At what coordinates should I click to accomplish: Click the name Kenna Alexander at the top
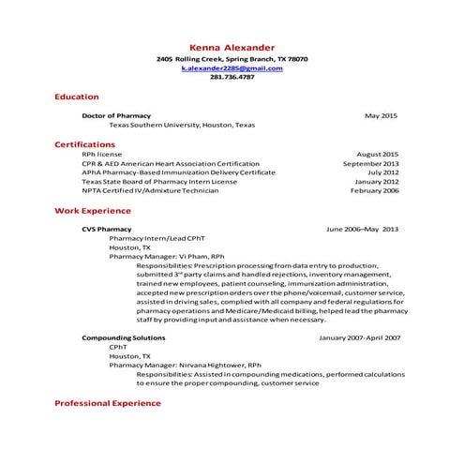tap(232, 47)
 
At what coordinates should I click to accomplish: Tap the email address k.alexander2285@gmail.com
tap(232, 68)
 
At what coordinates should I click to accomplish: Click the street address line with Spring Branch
tap(232, 59)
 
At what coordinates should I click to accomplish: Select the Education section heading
tap(76, 97)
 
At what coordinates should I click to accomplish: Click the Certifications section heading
tap(84, 144)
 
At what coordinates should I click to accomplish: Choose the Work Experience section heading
tap(92, 211)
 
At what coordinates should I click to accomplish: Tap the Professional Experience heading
tap(107, 403)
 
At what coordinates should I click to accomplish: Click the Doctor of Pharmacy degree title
tap(115, 115)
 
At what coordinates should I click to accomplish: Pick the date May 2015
tap(382, 115)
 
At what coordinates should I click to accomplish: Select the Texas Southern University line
tap(181, 125)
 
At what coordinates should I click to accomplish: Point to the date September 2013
tap(371, 163)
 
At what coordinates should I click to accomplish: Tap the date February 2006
tap(375, 190)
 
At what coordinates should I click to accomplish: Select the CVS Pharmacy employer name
tap(106, 229)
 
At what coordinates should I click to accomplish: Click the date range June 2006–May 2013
tap(362, 229)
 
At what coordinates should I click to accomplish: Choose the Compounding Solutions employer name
tap(123, 337)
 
